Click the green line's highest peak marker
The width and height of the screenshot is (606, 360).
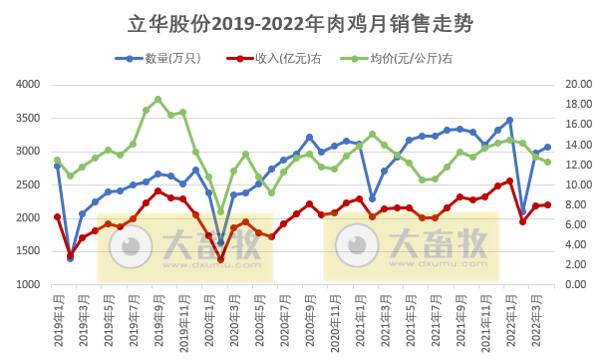157,99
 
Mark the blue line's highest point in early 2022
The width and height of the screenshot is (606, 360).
509,120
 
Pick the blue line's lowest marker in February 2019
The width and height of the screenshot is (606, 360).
70,258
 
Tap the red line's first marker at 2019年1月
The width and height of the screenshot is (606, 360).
58,216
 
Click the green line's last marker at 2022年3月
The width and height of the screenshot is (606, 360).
547,163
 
